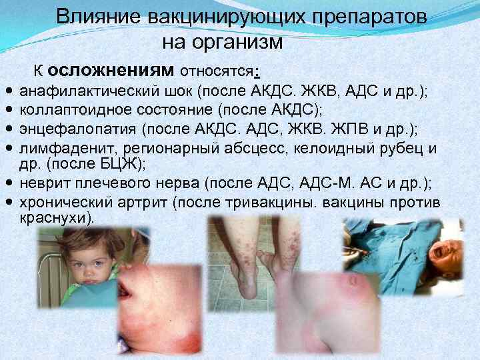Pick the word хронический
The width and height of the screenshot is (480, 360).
tap(61, 202)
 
